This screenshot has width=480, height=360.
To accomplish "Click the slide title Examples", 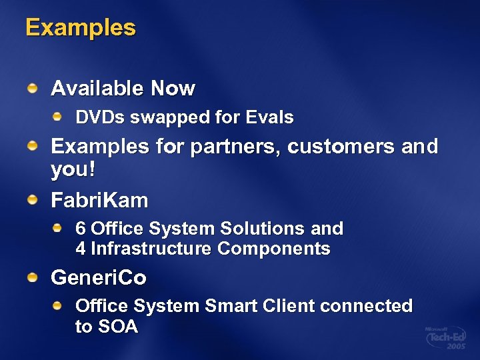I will tap(80, 28).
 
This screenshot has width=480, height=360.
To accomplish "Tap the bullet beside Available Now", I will tap(33, 87).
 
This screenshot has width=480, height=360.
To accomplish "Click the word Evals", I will tap(269, 117).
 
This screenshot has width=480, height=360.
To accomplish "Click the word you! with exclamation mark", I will tap(73, 170).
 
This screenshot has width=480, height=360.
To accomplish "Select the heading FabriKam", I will tap(99, 199).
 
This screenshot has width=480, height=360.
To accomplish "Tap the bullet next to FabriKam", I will tap(33, 199).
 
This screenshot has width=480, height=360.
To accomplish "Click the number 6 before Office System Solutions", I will tap(81, 229).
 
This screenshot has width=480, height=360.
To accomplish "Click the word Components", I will tap(273, 249).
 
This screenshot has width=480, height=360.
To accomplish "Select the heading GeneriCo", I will tap(99, 277).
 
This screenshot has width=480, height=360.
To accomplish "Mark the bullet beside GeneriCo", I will tap(33, 277).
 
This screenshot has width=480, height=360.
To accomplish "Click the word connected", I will tap(366, 306).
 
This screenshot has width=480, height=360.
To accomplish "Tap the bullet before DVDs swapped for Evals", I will tap(58, 117).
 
